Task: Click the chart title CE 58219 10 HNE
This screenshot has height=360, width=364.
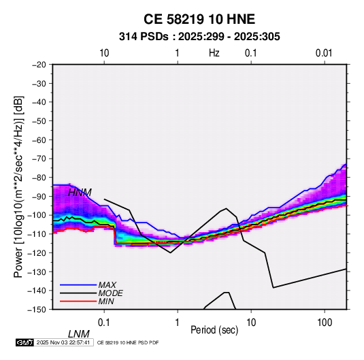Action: coord(199,19)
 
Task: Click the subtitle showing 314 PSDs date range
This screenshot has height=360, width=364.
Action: coord(199,37)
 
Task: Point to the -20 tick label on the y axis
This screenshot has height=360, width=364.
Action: coord(39,65)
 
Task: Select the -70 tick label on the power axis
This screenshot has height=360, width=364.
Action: coord(39,159)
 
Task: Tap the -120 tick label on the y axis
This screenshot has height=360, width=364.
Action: coord(37,252)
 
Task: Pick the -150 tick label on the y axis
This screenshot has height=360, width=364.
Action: coord(37,310)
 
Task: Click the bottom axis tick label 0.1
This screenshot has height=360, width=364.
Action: coord(104,323)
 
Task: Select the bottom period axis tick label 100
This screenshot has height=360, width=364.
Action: coord(325,323)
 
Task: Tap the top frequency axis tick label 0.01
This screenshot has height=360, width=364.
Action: coord(324,53)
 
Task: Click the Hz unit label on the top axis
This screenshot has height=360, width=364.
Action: coord(214,53)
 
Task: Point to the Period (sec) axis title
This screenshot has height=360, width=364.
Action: coord(214,330)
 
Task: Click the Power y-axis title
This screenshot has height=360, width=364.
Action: coord(18,186)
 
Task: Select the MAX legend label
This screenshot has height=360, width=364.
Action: coord(107,285)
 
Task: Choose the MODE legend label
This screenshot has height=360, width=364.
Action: coord(110,293)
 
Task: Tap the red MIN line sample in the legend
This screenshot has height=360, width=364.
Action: coord(78,301)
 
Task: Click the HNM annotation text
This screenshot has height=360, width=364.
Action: coord(80,193)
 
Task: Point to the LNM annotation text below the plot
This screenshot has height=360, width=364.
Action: coord(79,334)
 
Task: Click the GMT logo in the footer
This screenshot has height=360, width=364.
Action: coord(25,342)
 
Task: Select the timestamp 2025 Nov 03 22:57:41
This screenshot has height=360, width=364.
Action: coord(63,342)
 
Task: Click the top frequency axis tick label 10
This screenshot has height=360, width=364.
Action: coord(104,53)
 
